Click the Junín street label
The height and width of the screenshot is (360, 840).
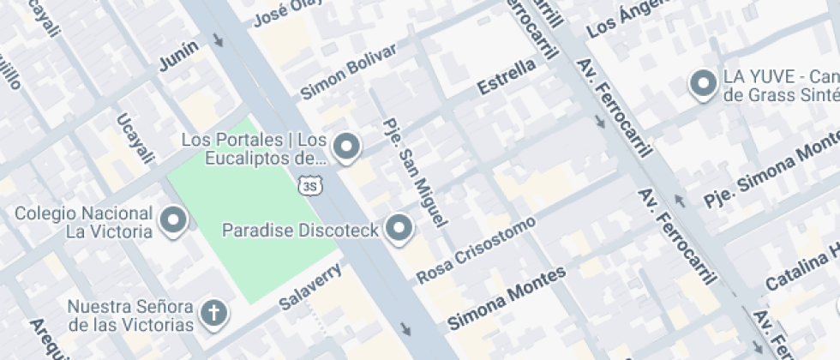tap(178, 56)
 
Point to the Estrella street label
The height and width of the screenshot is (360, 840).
tap(507, 76)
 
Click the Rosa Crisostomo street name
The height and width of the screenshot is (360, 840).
tap(476, 249)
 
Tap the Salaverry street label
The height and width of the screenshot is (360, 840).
tap(311, 286)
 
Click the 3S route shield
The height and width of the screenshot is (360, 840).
tap(309, 184)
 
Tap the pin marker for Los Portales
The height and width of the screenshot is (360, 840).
tap(346, 147)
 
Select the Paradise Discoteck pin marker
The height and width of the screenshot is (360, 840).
tap(399, 228)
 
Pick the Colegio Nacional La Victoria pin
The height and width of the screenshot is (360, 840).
tap(174, 220)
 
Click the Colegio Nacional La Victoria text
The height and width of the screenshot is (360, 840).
tap(84, 222)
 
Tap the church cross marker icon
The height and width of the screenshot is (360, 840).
tap(213, 314)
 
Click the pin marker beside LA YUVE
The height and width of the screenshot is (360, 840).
tap(704, 84)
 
